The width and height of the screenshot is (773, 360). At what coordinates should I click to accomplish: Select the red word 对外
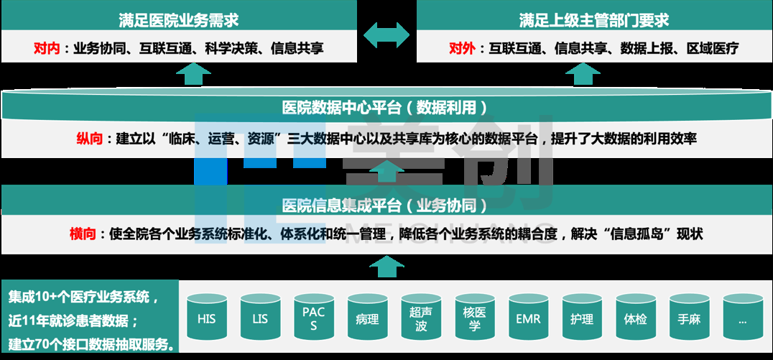point(461,49)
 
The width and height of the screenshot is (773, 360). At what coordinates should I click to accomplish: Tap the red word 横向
point(83,234)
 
